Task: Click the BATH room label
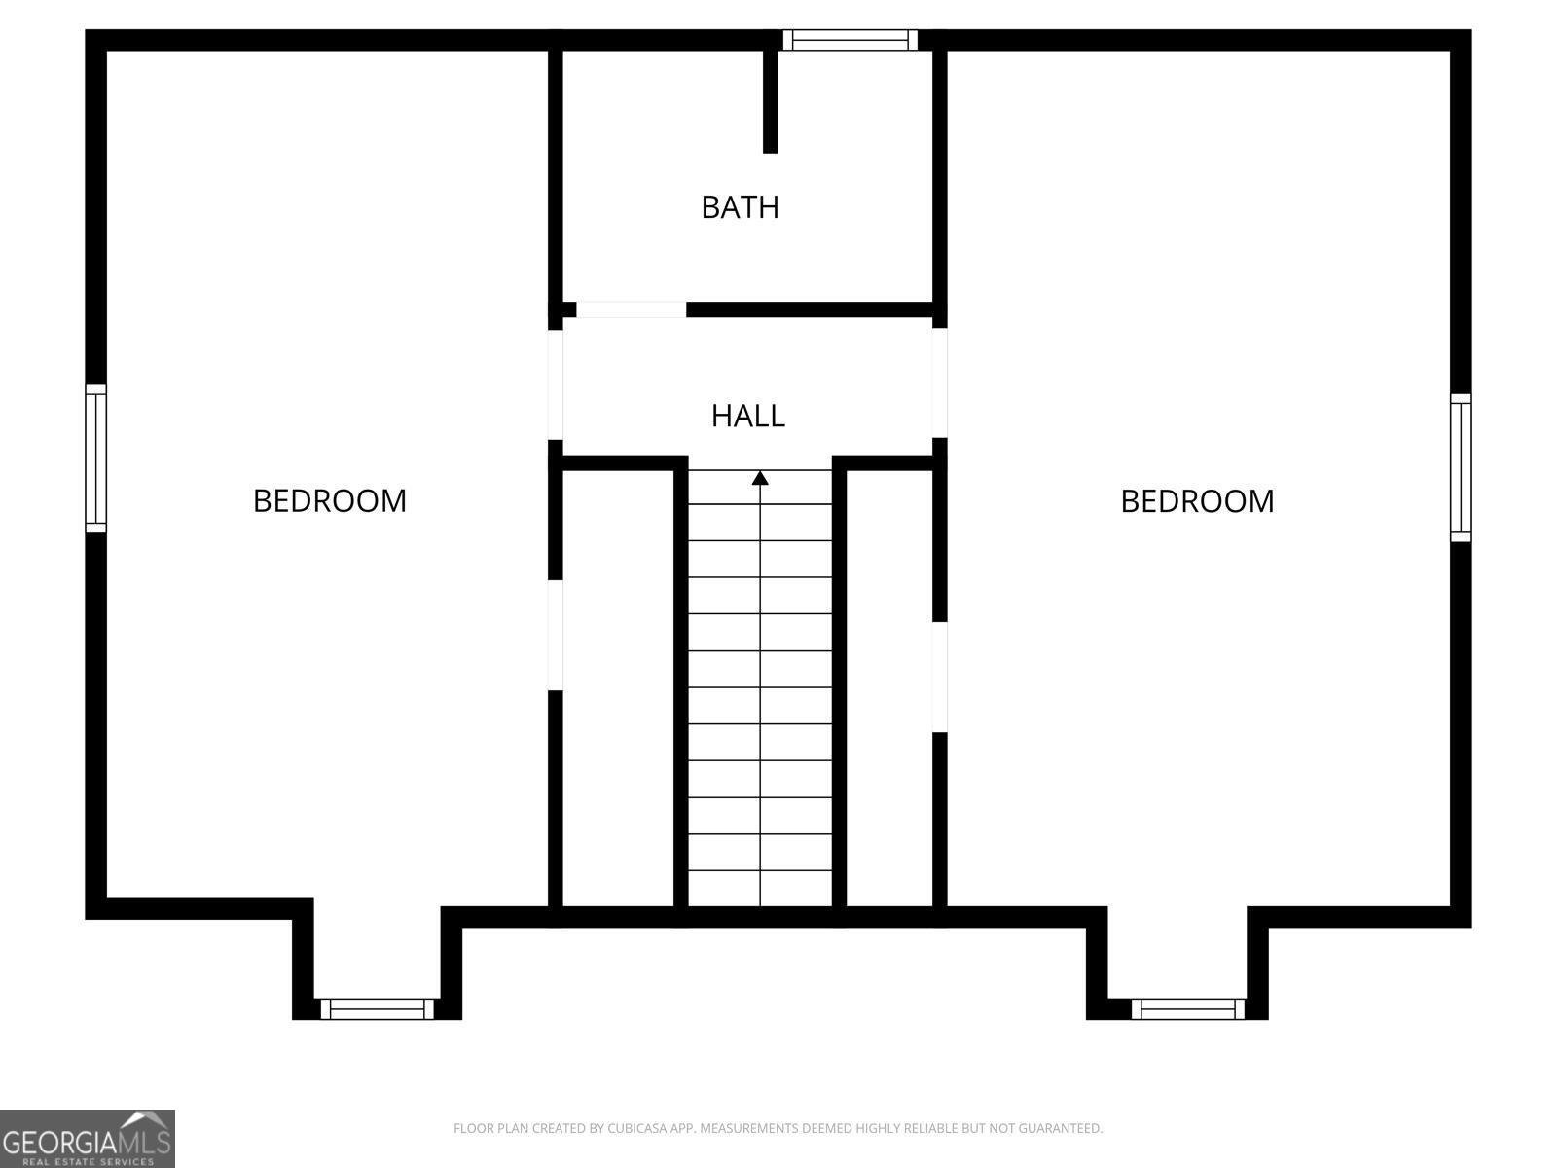(740, 207)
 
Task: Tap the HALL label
(747, 416)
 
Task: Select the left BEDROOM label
(330, 500)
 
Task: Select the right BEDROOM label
(1197, 500)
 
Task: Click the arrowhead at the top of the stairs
(760, 478)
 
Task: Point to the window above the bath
(850, 40)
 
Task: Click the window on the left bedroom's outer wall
(95, 458)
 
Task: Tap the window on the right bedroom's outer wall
(1461, 467)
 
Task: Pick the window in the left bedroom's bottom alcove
(377, 1008)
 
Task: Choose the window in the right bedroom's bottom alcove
(1187, 1008)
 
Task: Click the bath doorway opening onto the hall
(631, 310)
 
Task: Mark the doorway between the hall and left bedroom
(556, 385)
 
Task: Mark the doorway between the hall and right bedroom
(939, 383)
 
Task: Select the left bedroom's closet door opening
(556, 635)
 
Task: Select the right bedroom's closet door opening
(939, 677)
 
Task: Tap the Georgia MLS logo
(88, 1138)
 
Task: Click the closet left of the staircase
(618, 688)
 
